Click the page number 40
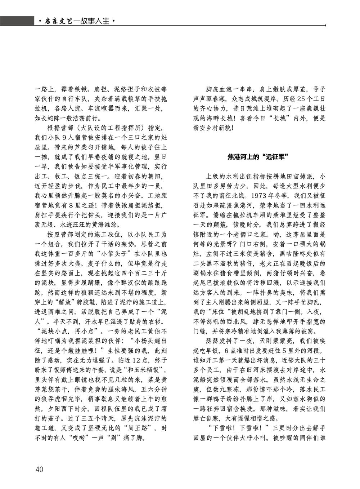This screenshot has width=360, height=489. point(39,469)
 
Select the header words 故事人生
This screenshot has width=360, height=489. point(96,22)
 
